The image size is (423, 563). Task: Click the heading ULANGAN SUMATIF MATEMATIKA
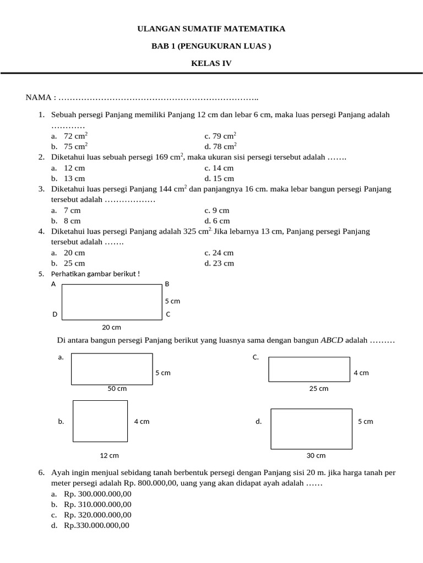click(x=211, y=29)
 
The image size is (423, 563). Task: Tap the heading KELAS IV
click(x=211, y=63)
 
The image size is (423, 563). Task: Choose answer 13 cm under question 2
click(x=74, y=179)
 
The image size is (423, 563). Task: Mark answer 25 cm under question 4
click(x=74, y=263)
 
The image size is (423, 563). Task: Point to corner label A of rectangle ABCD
click(x=53, y=284)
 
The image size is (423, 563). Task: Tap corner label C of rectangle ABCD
click(x=168, y=314)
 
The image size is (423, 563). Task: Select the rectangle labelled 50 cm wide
click(x=112, y=369)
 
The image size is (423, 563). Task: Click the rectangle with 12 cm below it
click(x=100, y=421)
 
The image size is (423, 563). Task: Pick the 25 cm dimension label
click(x=319, y=389)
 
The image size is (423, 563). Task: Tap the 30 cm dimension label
click(x=316, y=456)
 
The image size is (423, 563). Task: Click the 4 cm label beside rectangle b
click(x=142, y=422)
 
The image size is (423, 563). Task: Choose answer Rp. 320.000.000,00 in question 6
click(x=97, y=515)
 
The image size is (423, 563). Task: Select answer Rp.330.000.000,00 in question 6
click(x=96, y=526)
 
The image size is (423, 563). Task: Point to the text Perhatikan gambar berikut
click(x=95, y=274)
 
